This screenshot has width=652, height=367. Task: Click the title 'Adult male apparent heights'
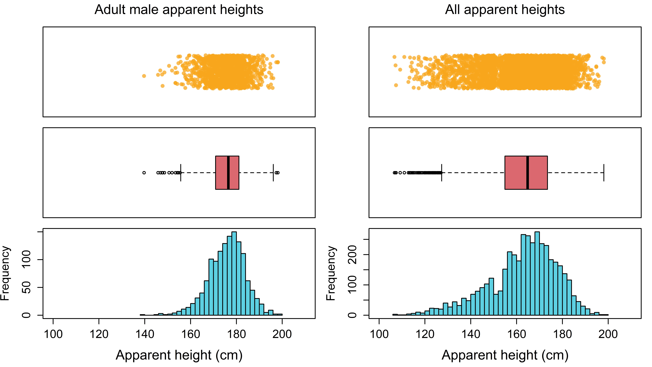click(179, 10)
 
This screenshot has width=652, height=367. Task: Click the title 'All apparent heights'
click(505, 10)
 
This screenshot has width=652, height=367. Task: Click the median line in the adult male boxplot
click(228, 172)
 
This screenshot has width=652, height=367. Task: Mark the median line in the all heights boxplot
click(527, 172)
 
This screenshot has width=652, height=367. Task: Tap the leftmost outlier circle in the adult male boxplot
click(144, 173)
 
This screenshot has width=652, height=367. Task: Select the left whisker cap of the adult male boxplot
click(181, 172)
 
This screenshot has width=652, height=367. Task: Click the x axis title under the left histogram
click(179, 355)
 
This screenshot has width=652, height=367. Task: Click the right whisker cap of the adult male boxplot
click(273, 172)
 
